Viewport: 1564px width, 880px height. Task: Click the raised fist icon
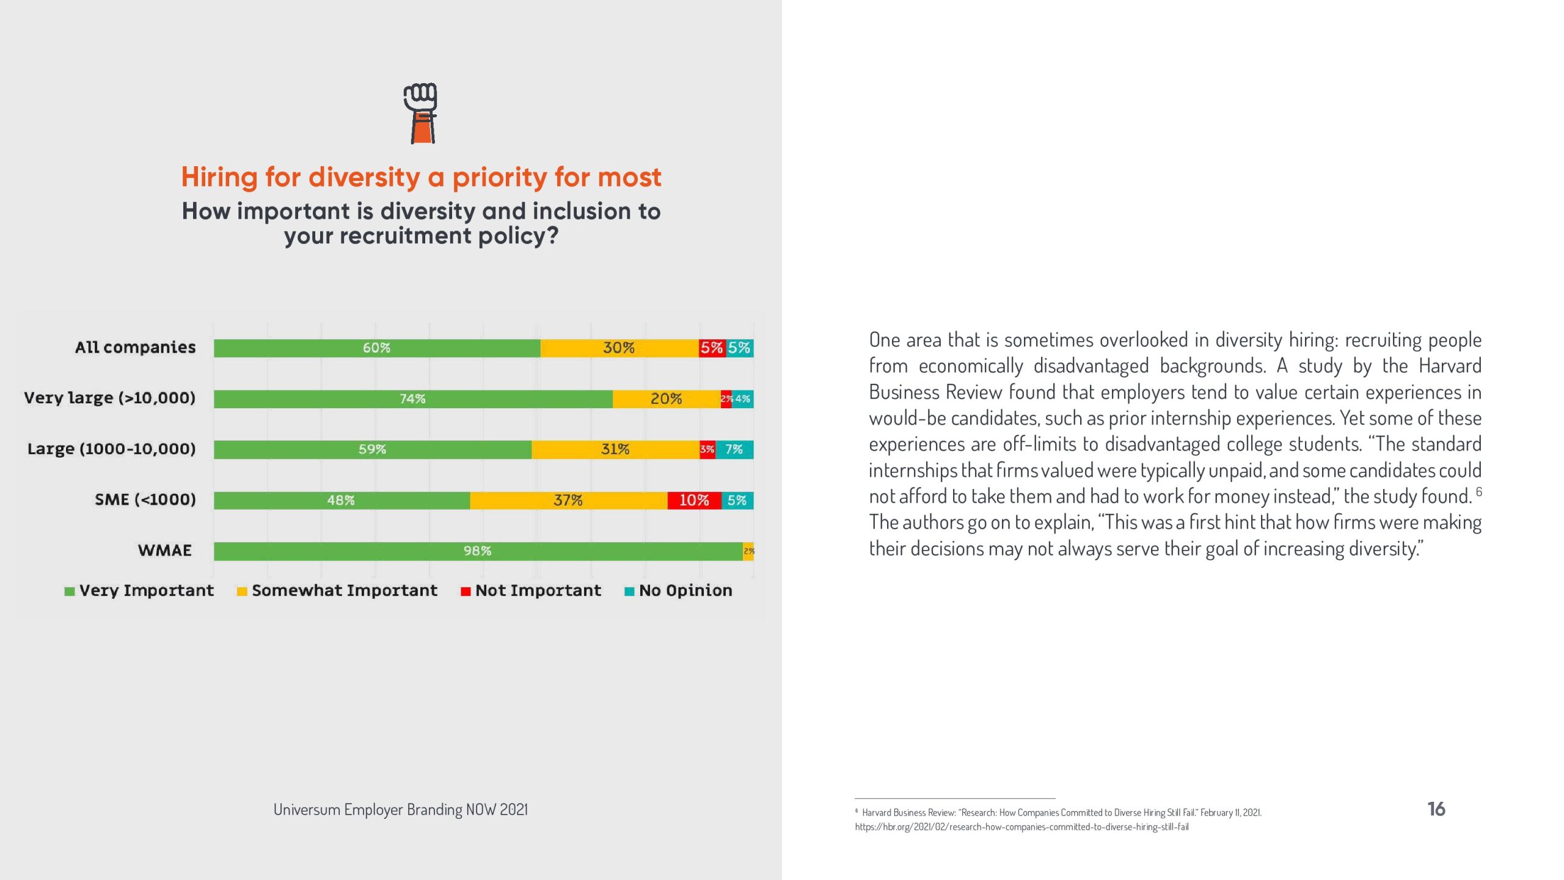[x=420, y=113]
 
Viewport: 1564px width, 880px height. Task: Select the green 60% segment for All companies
[x=376, y=348]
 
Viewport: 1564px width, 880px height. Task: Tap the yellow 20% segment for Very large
[x=666, y=399]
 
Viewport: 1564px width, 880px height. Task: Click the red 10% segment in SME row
[x=694, y=501]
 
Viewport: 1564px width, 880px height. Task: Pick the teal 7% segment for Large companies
[x=734, y=450]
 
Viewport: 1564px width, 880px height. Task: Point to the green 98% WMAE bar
[x=477, y=551]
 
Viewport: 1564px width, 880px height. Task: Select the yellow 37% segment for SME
[x=568, y=501]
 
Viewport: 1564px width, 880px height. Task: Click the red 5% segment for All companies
[x=712, y=348]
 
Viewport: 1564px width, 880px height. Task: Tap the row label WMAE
[x=165, y=551]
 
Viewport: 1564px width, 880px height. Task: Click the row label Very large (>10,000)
[x=110, y=398]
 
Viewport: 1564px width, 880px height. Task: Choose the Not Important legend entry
[x=531, y=590]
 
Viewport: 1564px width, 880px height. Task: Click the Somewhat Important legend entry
[x=337, y=590]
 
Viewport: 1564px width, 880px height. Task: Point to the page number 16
[x=1436, y=809]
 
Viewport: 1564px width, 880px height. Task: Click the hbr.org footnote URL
[x=1021, y=827]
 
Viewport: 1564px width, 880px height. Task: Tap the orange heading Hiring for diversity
[x=421, y=177]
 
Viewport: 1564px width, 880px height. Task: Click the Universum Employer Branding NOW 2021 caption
[x=400, y=810]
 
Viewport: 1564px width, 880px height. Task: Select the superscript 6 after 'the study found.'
[x=1479, y=492]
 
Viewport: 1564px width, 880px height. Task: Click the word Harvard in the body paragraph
[x=1450, y=366]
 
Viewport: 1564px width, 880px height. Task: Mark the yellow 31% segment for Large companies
[x=615, y=450]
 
